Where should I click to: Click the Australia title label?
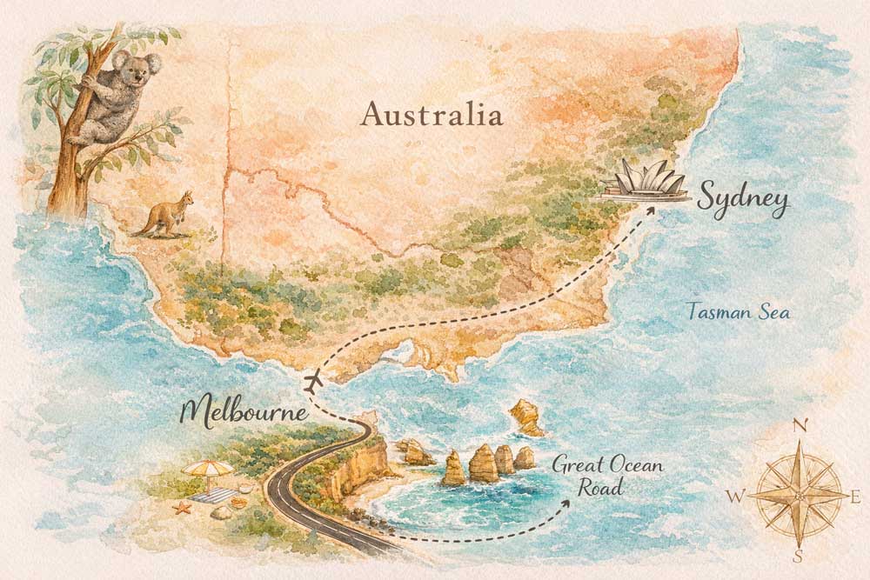(x=433, y=114)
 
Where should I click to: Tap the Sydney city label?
(x=741, y=202)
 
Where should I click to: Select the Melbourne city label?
(x=244, y=411)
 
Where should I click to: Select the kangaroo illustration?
(x=164, y=216)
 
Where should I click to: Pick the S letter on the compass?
(x=799, y=556)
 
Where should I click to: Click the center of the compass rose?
(x=799, y=494)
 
